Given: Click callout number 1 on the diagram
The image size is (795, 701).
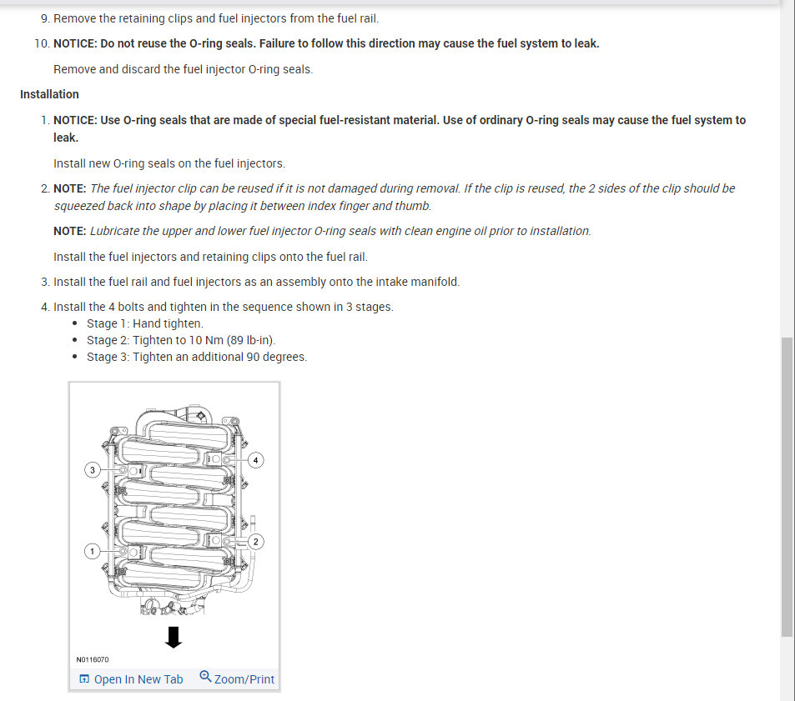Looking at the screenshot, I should (x=93, y=551).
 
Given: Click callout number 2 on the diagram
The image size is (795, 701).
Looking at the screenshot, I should (x=256, y=542).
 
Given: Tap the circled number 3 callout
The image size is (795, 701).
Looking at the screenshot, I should (x=93, y=470).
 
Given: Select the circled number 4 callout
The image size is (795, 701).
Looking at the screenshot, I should (x=256, y=459).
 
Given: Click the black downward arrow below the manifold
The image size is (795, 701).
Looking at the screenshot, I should (x=173, y=638).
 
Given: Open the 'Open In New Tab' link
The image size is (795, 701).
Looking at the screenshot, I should (x=138, y=679).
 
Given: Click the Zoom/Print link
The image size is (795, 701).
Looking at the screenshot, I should (x=244, y=679).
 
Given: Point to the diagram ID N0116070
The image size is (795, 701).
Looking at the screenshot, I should (x=92, y=660).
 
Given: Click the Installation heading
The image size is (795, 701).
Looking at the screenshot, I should (x=49, y=94).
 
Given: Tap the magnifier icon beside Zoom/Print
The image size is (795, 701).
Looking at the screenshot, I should (x=205, y=678).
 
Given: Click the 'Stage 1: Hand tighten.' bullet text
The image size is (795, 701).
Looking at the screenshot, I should (x=145, y=323).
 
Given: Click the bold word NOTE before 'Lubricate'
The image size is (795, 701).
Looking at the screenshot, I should (x=69, y=231).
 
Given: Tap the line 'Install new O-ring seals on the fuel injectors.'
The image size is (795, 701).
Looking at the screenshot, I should (x=169, y=163).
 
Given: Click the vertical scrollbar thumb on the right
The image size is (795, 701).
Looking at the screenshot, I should (x=787, y=487).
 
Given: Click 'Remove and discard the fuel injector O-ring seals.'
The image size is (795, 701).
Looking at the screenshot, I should (x=184, y=69).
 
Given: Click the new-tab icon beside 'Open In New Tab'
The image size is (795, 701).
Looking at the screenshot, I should (x=83, y=679).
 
